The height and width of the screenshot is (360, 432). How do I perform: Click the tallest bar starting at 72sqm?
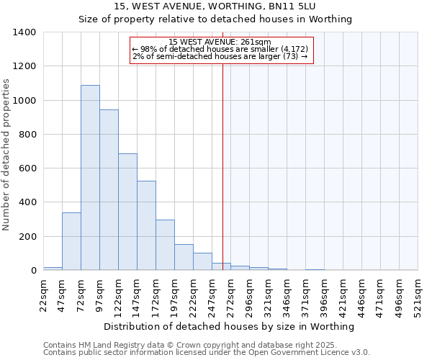[x=90, y=178]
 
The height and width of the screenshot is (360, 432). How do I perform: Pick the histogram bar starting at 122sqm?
[x=127, y=212]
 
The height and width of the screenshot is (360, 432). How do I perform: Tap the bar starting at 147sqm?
[x=146, y=225]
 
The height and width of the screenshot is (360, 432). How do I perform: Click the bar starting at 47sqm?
[x=71, y=241]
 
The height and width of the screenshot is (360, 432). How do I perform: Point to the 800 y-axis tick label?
[x=27, y=135]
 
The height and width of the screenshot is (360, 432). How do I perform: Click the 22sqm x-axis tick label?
[x=44, y=295]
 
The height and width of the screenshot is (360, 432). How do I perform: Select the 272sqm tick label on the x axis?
[x=231, y=295]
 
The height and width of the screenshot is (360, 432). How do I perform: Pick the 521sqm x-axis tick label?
[x=418, y=295]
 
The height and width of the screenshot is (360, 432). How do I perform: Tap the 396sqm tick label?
[x=325, y=295]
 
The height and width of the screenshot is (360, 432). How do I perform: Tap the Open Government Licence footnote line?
[x=206, y=353]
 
